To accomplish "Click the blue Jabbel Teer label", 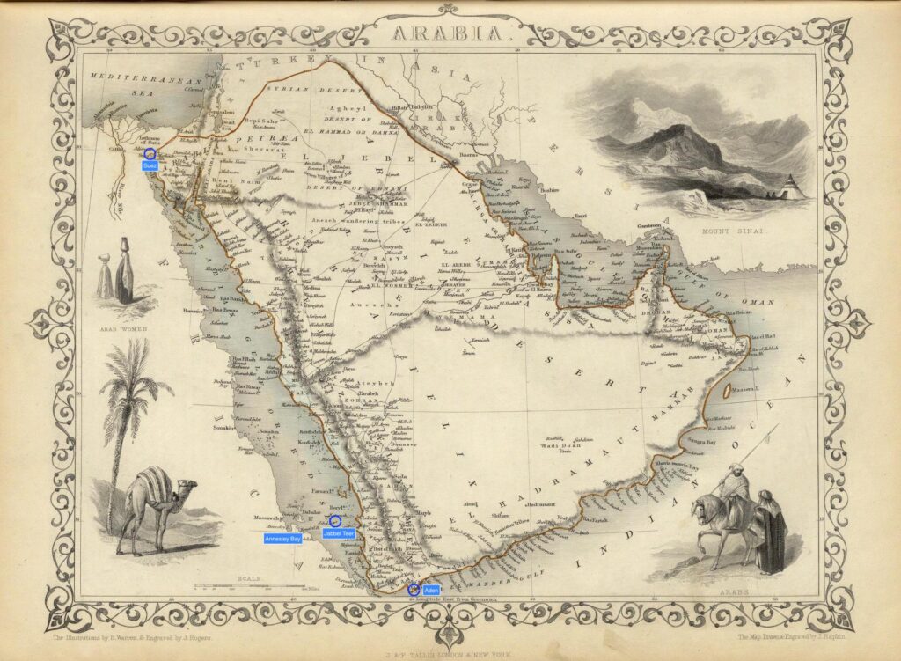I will (x=339, y=533).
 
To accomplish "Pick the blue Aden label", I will (x=429, y=589).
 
